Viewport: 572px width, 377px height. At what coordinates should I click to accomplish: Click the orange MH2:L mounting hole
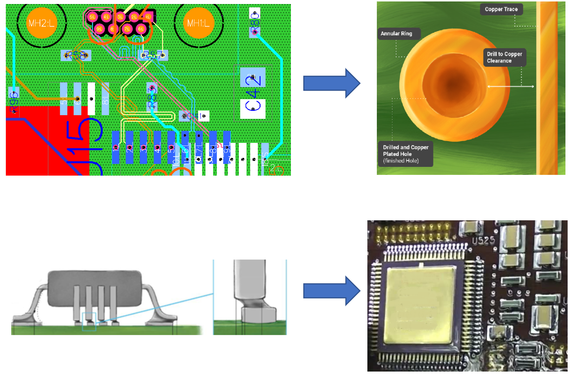(x=41, y=23)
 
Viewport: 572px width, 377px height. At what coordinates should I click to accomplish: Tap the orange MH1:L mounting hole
(x=198, y=23)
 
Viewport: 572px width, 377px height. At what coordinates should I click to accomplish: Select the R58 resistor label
(x=76, y=56)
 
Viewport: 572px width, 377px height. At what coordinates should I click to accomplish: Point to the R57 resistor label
(x=153, y=56)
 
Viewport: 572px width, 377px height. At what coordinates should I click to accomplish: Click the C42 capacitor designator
(x=253, y=92)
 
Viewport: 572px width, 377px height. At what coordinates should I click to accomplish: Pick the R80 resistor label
(x=255, y=23)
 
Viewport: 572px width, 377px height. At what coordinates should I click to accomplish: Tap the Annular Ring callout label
(x=397, y=33)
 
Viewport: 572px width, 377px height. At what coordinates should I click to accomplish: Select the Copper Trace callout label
(x=501, y=9)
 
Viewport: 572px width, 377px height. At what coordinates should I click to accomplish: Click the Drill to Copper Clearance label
(x=504, y=57)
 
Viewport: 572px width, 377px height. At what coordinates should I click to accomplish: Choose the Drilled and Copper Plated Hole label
(x=406, y=154)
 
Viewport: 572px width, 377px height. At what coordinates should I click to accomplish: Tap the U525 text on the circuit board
(x=483, y=241)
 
